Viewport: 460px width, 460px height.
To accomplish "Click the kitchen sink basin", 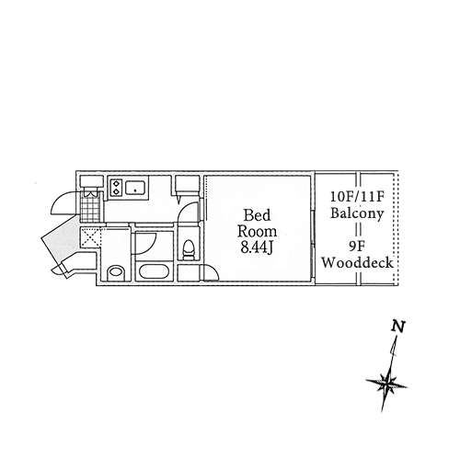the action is point(135,188).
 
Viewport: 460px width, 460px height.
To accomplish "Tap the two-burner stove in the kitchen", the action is point(117,188).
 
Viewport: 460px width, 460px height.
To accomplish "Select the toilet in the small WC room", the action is point(188,249).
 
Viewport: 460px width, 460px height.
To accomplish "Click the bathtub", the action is point(155,271).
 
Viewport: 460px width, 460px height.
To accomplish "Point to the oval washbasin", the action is point(116,271).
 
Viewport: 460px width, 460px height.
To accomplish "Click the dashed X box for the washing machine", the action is point(90,237).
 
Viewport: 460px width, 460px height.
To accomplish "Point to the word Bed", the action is point(257,215).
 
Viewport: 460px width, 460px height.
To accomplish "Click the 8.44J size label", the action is point(257,247).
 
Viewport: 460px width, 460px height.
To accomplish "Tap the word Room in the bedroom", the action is point(257,231).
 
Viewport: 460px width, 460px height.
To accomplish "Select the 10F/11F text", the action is point(357,197).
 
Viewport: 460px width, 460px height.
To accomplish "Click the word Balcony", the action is point(357,213).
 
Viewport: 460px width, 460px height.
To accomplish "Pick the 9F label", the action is point(356,246).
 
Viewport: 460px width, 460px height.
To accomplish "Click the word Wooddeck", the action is point(357,262).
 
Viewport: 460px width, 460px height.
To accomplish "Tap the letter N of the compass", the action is point(398,327).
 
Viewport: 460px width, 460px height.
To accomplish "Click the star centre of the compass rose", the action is point(387,383).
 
